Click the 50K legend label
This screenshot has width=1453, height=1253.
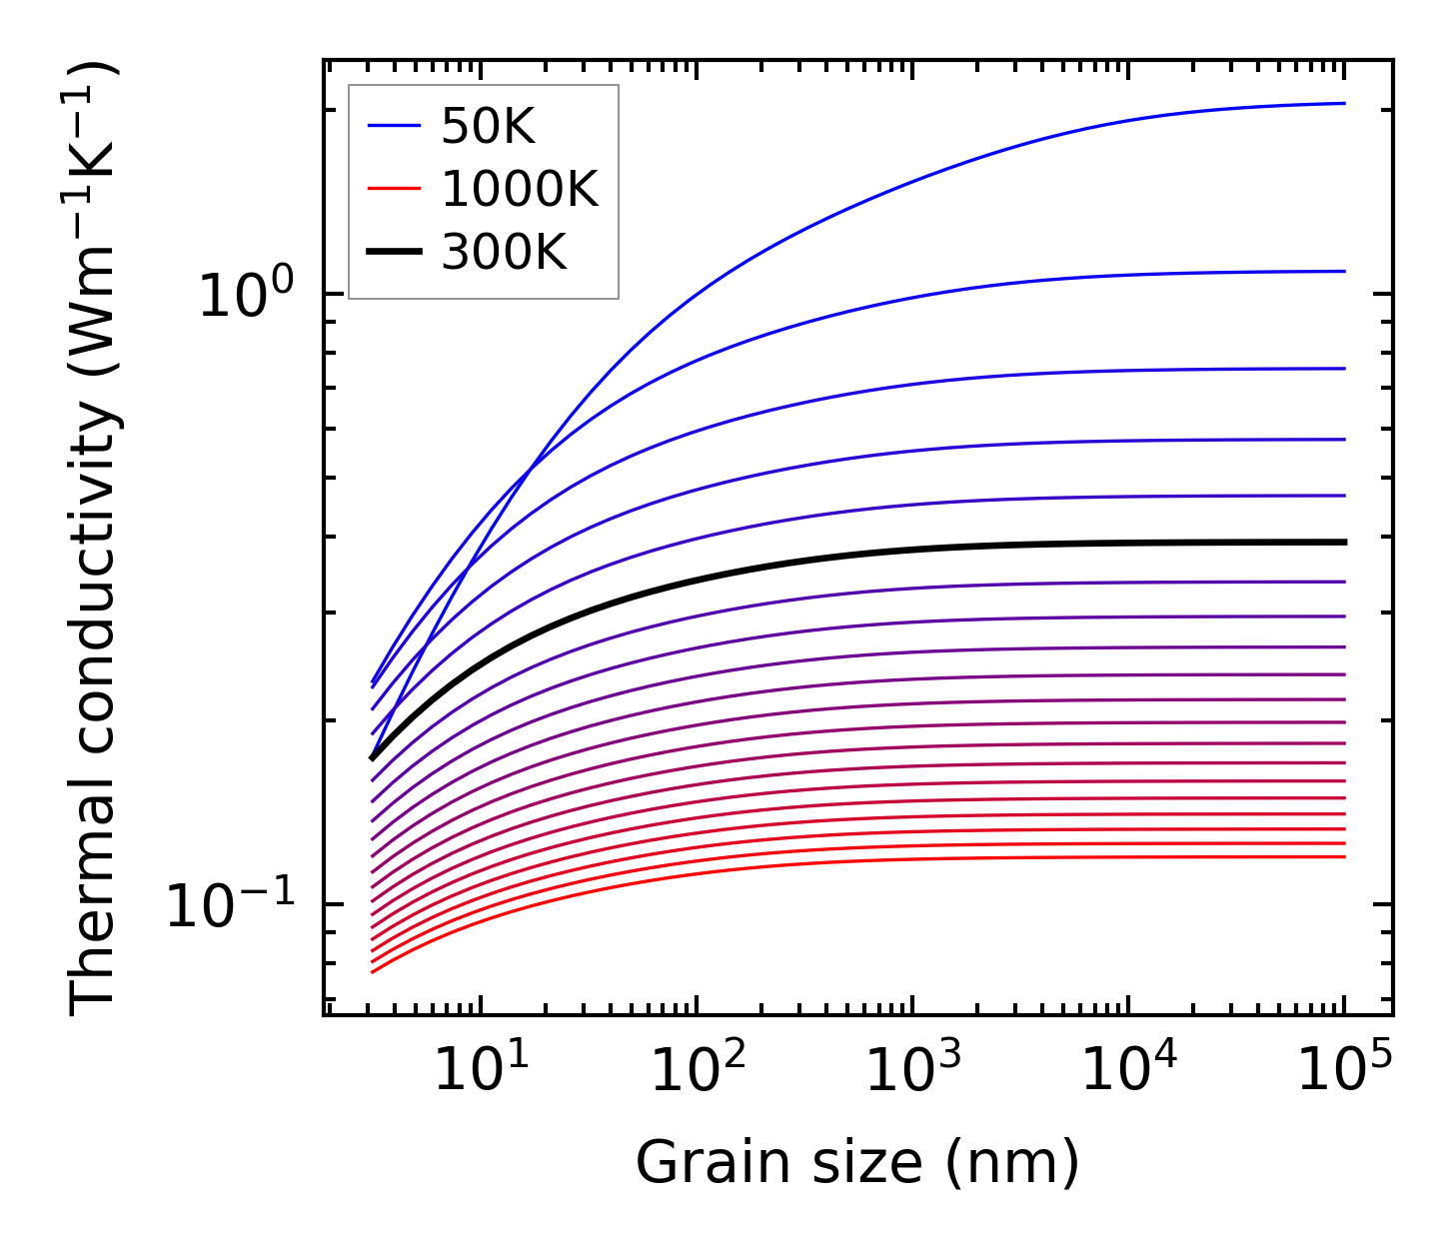click(488, 127)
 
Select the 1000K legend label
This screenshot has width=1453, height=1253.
click(519, 190)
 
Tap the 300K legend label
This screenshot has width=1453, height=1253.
click(504, 253)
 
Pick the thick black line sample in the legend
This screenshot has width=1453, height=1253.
click(395, 253)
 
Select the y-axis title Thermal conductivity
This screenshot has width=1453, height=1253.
click(95, 540)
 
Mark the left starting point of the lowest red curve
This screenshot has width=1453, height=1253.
click(373, 971)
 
